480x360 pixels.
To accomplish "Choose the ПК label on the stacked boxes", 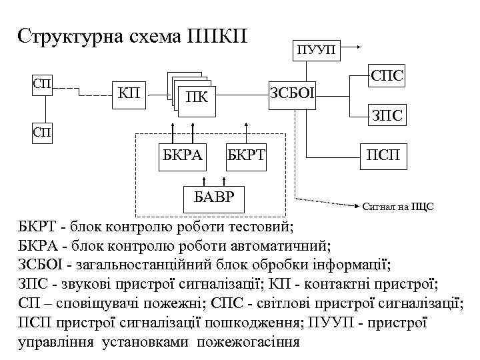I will (x=197, y=99).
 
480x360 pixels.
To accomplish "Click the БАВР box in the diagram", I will (x=214, y=195).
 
